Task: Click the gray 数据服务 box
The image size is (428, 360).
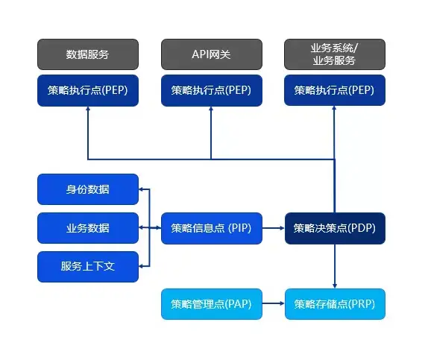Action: (88, 54)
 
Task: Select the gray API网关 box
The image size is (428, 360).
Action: (211, 54)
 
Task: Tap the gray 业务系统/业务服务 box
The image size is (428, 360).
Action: (335, 54)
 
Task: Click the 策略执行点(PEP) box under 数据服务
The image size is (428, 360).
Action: (88, 90)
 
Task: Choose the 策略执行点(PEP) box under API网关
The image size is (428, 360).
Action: (211, 90)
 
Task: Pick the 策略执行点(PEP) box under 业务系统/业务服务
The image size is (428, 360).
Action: (335, 90)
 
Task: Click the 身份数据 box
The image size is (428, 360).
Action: (88, 189)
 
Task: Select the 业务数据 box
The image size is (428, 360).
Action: (88, 228)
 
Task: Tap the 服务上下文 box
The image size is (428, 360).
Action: (88, 267)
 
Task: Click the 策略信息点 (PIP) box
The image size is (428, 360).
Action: (211, 228)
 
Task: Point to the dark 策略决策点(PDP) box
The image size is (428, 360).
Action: (335, 228)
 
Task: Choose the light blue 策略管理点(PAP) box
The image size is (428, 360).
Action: (211, 304)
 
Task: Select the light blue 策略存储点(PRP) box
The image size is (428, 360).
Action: (335, 304)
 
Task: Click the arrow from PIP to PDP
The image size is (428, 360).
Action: (273, 228)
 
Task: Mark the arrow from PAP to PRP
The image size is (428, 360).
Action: (273, 304)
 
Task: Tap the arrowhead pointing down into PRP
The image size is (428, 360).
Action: (335, 285)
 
